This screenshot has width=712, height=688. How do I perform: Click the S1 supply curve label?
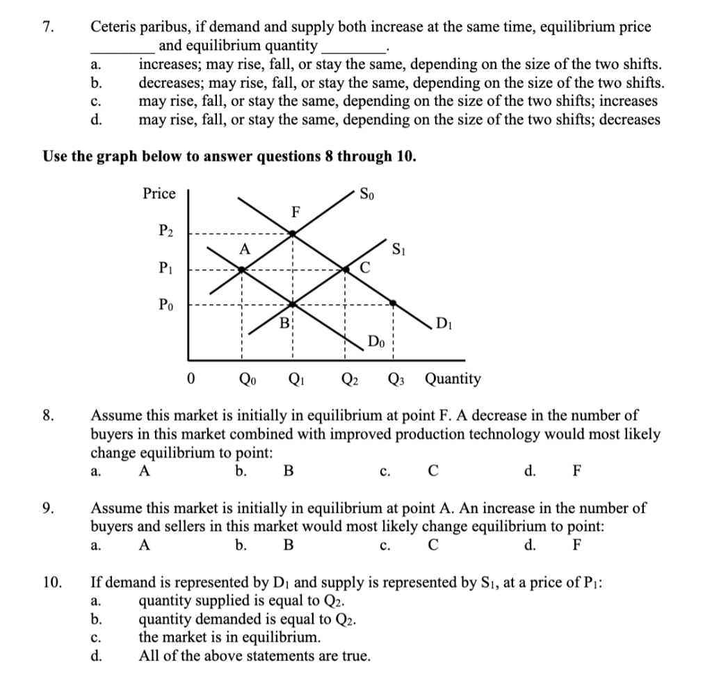click(399, 247)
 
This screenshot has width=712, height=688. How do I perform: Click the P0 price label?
click(166, 304)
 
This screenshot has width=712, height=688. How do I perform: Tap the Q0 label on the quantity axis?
click(246, 379)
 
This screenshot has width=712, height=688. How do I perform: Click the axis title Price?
click(159, 193)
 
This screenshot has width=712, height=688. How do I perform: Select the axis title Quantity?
click(452, 379)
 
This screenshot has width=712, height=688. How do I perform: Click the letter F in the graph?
click(296, 213)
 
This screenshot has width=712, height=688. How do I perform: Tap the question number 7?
click(47, 28)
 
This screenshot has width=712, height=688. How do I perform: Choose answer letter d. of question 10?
click(97, 655)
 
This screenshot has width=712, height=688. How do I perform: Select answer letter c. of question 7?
click(97, 101)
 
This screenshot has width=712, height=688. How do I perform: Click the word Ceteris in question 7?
click(114, 28)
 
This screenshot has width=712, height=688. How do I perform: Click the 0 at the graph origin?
click(191, 379)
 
